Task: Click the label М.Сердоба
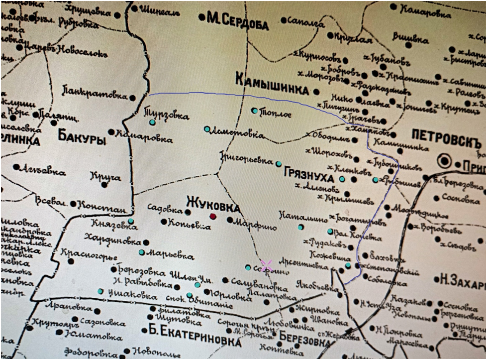(237, 19)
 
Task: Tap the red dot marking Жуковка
(213, 216)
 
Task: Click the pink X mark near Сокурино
(267, 265)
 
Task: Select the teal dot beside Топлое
(254, 111)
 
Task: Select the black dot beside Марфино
(229, 220)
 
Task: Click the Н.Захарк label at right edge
(460, 279)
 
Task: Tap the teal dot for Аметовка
(207, 129)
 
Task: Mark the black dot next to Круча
(104, 185)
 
